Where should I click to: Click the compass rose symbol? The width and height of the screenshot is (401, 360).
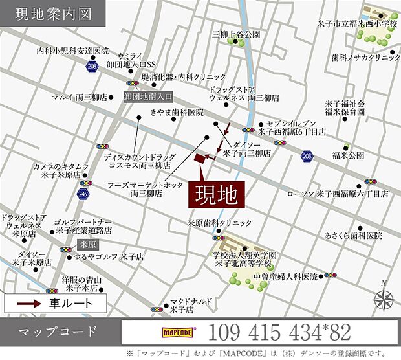384,299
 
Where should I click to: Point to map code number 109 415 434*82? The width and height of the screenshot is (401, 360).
279,333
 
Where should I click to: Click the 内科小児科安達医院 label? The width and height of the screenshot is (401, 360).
72,51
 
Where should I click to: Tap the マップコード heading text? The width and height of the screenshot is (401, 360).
59,333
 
